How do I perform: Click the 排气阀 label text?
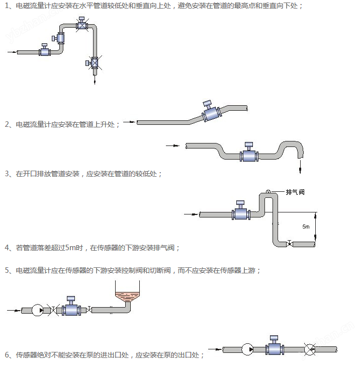tap(295, 192)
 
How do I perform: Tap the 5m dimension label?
tap(306, 227)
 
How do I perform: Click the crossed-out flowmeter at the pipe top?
tap(81, 24)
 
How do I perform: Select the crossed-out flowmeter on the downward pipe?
tap(94, 62)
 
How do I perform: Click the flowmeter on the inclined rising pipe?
tap(211, 112)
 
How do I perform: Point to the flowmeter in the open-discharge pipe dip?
tap(249, 153)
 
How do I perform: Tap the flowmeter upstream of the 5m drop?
tap(241, 211)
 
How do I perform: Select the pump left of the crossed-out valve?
tap(38, 310)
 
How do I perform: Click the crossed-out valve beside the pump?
tap(53, 310)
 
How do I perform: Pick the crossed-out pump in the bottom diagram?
tap(310, 349)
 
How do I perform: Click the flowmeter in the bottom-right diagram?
tap(275, 346)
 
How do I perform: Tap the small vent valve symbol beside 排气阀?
tap(268, 192)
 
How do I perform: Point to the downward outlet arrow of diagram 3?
tap(300, 167)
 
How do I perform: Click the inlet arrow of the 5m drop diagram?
tap(191, 214)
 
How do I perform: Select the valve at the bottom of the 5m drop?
tap(289, 244)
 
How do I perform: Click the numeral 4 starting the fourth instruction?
tap(7, 248)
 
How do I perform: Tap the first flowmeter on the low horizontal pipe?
tap(45, 50)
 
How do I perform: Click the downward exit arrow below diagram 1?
tap(95, 80)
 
